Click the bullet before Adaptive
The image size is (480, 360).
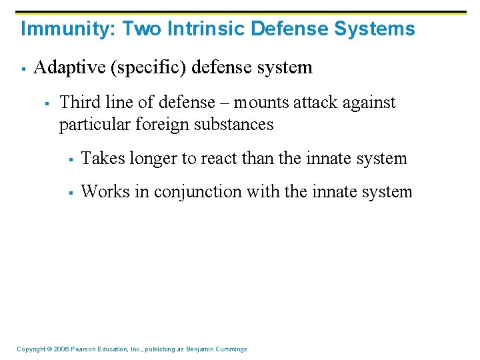pos(23,68)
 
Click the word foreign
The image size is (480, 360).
pos(177,124)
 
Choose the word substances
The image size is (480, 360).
pos(241,124)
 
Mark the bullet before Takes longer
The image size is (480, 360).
pos(71,159)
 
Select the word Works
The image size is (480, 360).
pos(106,192)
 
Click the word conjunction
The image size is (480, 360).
pos(198,192)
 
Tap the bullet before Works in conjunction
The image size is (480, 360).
pos(71,193)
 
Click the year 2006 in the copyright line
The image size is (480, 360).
pos(59,349)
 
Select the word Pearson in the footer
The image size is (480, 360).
pos(83,349)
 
